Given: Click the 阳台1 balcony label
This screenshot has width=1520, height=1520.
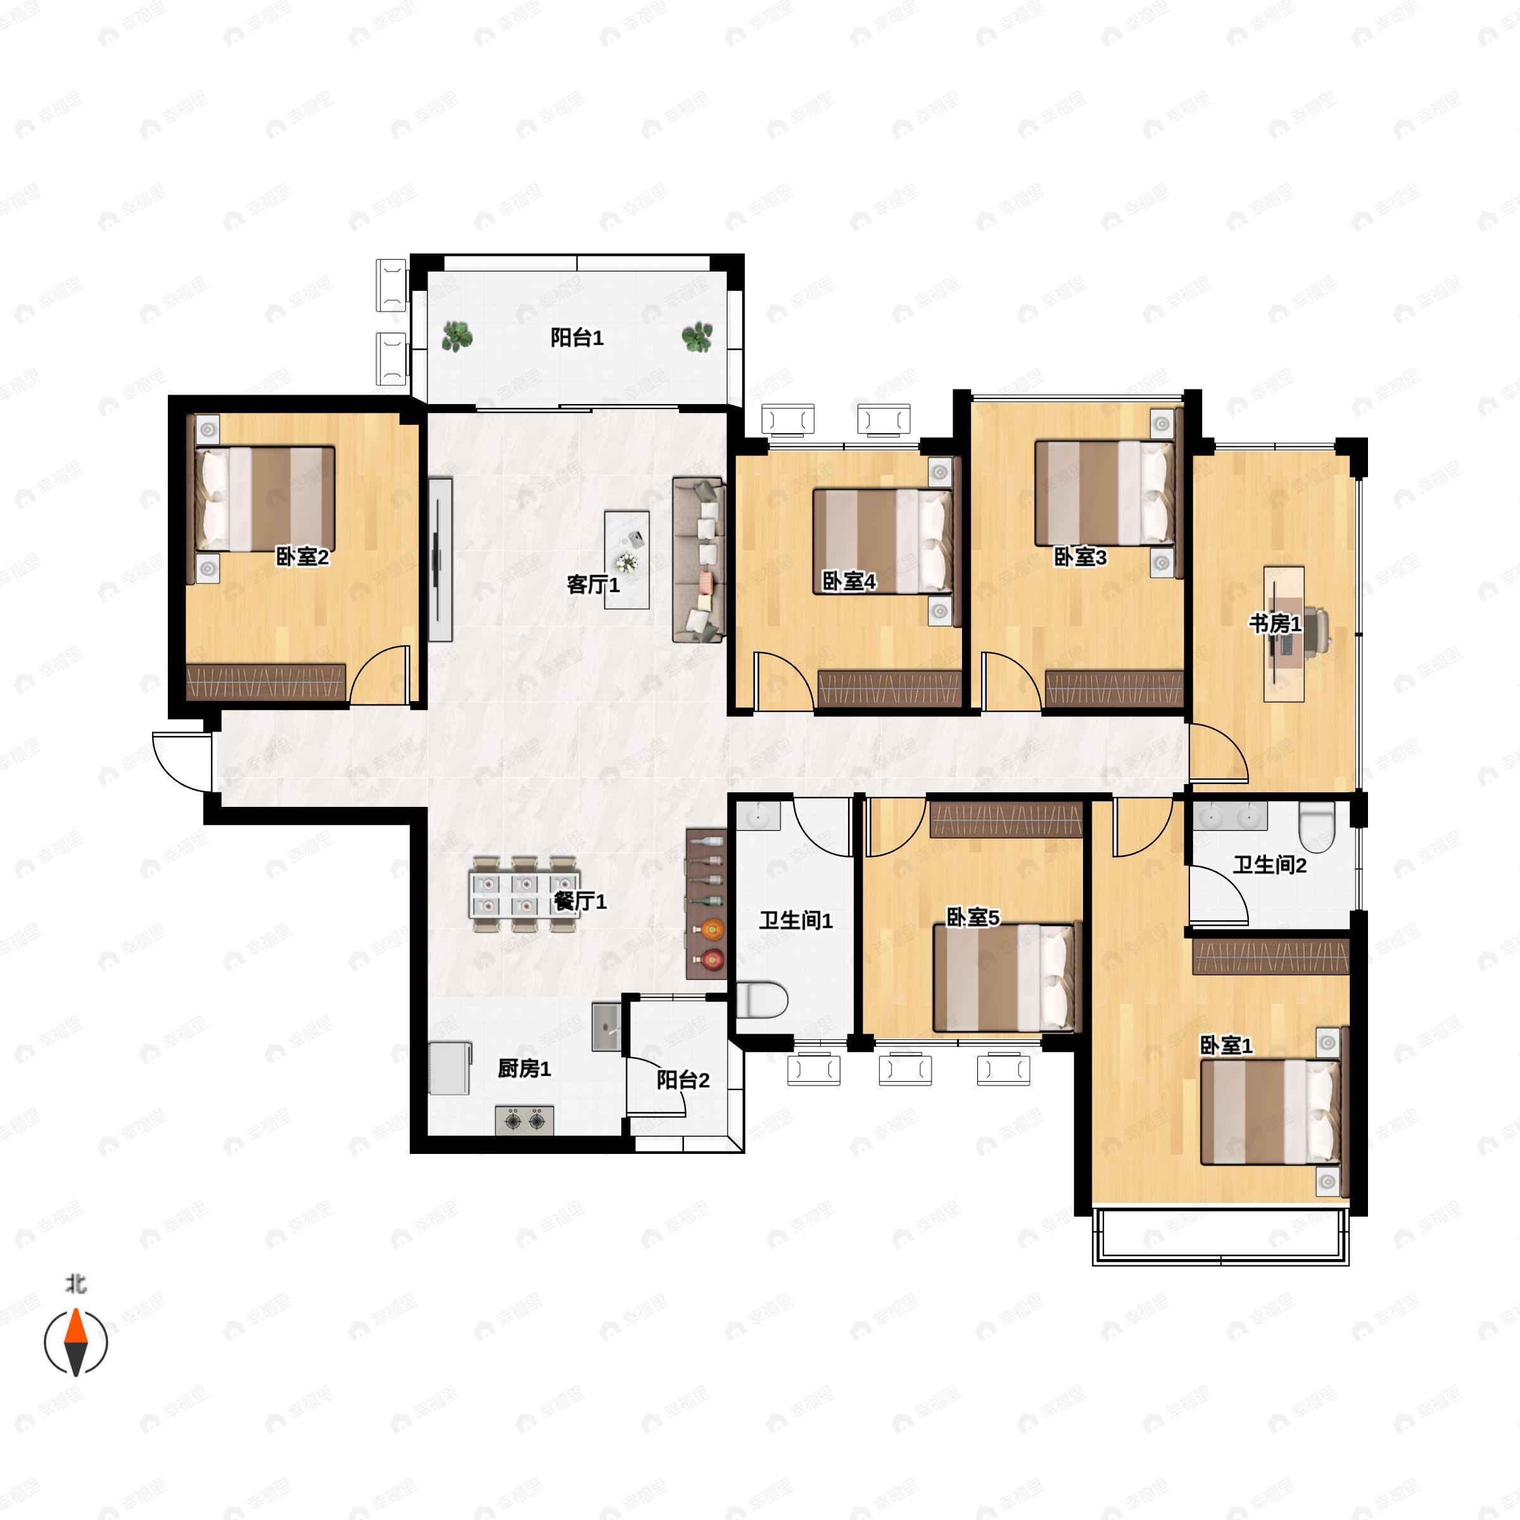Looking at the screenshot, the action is tap(577, 338).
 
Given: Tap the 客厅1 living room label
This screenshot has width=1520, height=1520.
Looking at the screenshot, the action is tap(593, 585).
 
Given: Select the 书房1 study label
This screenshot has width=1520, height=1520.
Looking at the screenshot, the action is tap(1276, 624).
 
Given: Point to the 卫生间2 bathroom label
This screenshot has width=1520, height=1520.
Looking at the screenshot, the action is tap(1269, 865).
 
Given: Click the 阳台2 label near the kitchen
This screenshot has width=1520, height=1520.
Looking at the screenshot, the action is tap(683, 1080).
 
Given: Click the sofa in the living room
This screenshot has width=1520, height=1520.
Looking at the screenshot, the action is tap(698, 560).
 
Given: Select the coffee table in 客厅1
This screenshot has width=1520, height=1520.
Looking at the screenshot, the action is tap(627, 560).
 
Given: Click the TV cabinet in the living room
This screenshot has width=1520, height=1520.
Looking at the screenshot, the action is tap(441, 559).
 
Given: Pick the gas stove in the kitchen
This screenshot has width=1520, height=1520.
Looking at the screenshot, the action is tap(524, 1120).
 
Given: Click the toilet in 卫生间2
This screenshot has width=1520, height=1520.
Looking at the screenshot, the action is tap(1317, 827).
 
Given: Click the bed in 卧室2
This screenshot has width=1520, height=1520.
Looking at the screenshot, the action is tap(265, 499).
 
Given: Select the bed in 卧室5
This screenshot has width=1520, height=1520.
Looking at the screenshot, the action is tap(1007, 978).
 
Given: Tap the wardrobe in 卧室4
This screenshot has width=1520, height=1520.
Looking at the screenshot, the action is tap(890, 688).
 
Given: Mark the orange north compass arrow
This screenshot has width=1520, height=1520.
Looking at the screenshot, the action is tap(75, 1326).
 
